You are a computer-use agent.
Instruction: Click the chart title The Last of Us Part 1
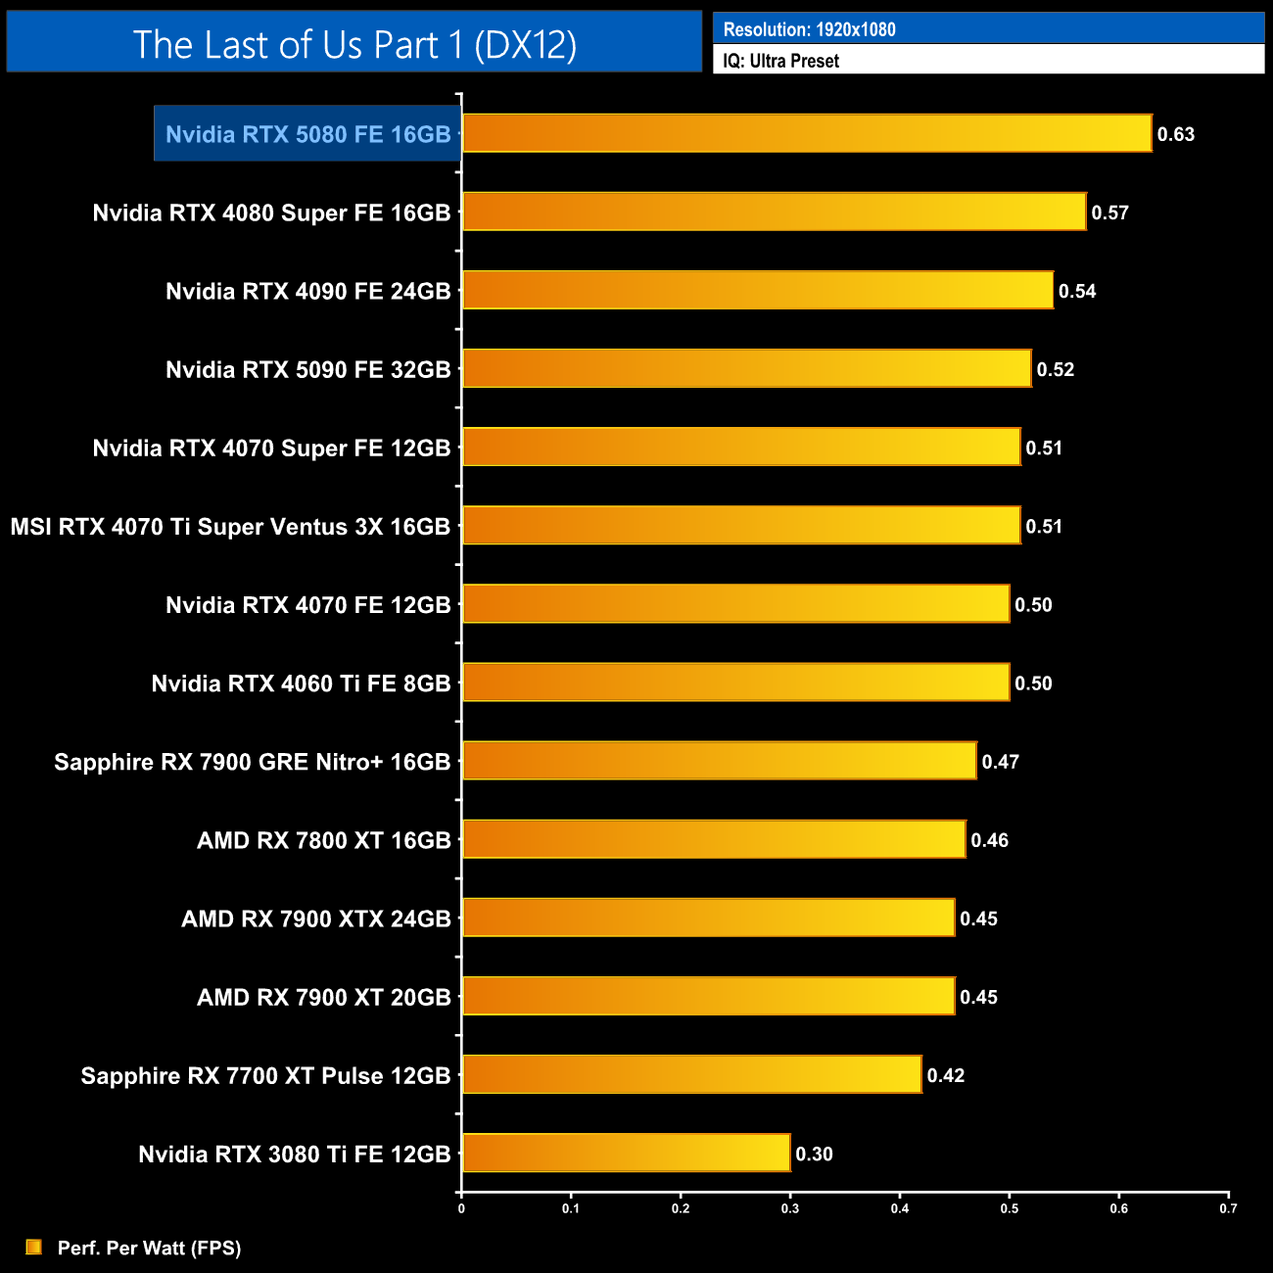(x=354, y=44)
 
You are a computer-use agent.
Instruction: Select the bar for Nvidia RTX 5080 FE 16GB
(x=807, y=133)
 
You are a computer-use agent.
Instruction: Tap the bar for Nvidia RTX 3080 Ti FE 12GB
(x=626, y=1153)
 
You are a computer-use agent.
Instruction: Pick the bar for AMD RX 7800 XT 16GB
(x=714, y=839)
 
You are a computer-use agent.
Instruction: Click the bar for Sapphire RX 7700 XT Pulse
(x=691, y=1074)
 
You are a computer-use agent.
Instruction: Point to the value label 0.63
(x=1175, y=134)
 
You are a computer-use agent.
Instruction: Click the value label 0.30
(x=814, y=1154)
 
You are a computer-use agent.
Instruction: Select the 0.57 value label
(x=1109, y=212)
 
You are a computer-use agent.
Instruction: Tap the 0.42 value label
(x=945, y=1075)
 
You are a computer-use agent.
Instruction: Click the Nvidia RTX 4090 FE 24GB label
(x=307, y=291)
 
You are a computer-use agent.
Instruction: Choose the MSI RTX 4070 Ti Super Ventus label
(x=230, y=527)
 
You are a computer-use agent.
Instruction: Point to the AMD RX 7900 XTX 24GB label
(x=315, y=919)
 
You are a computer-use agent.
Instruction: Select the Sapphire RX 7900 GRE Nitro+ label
(x=252, y=762)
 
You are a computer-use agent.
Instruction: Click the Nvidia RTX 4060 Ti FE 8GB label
(x=301, y=684)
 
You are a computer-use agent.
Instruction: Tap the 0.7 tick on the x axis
(x=1228, y=1208)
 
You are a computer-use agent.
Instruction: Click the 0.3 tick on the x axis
(x=789, y=1208)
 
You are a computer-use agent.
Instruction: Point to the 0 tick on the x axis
(x=461, y=1208)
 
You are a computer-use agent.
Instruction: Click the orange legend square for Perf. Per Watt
(x=34, y=1247)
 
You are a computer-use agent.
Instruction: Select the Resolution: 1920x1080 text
(x=809, y=29)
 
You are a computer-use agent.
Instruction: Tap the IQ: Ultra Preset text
(x=780, y=61)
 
